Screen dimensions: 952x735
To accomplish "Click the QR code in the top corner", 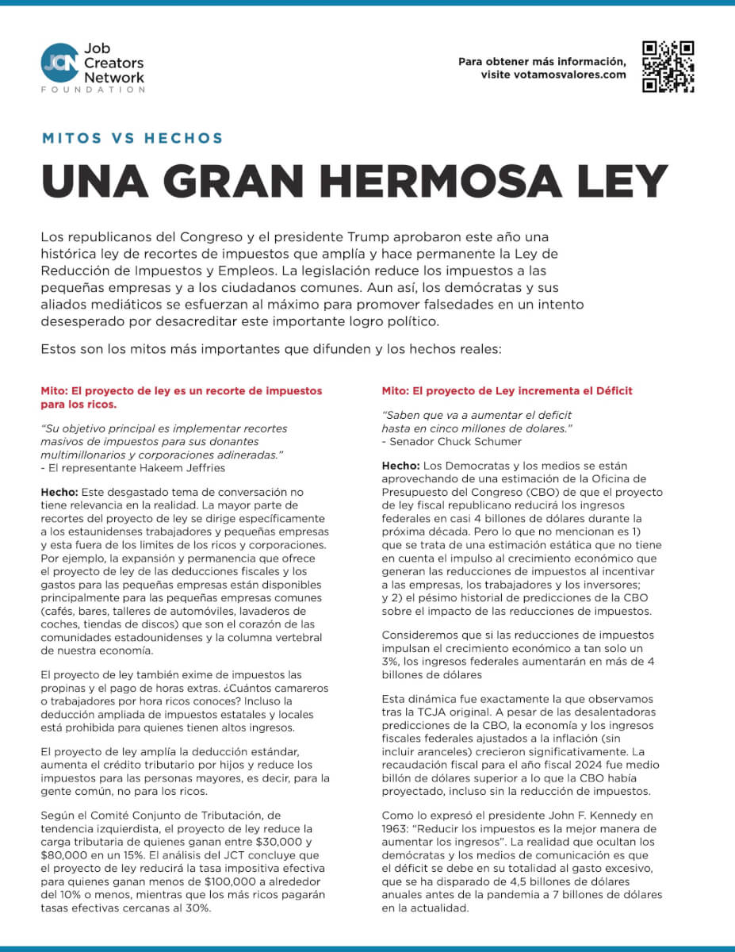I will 668,67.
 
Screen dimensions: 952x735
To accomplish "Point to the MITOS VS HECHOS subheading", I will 132,138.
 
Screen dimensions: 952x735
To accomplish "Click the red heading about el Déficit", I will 507,391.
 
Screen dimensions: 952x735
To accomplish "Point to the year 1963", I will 397,828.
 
